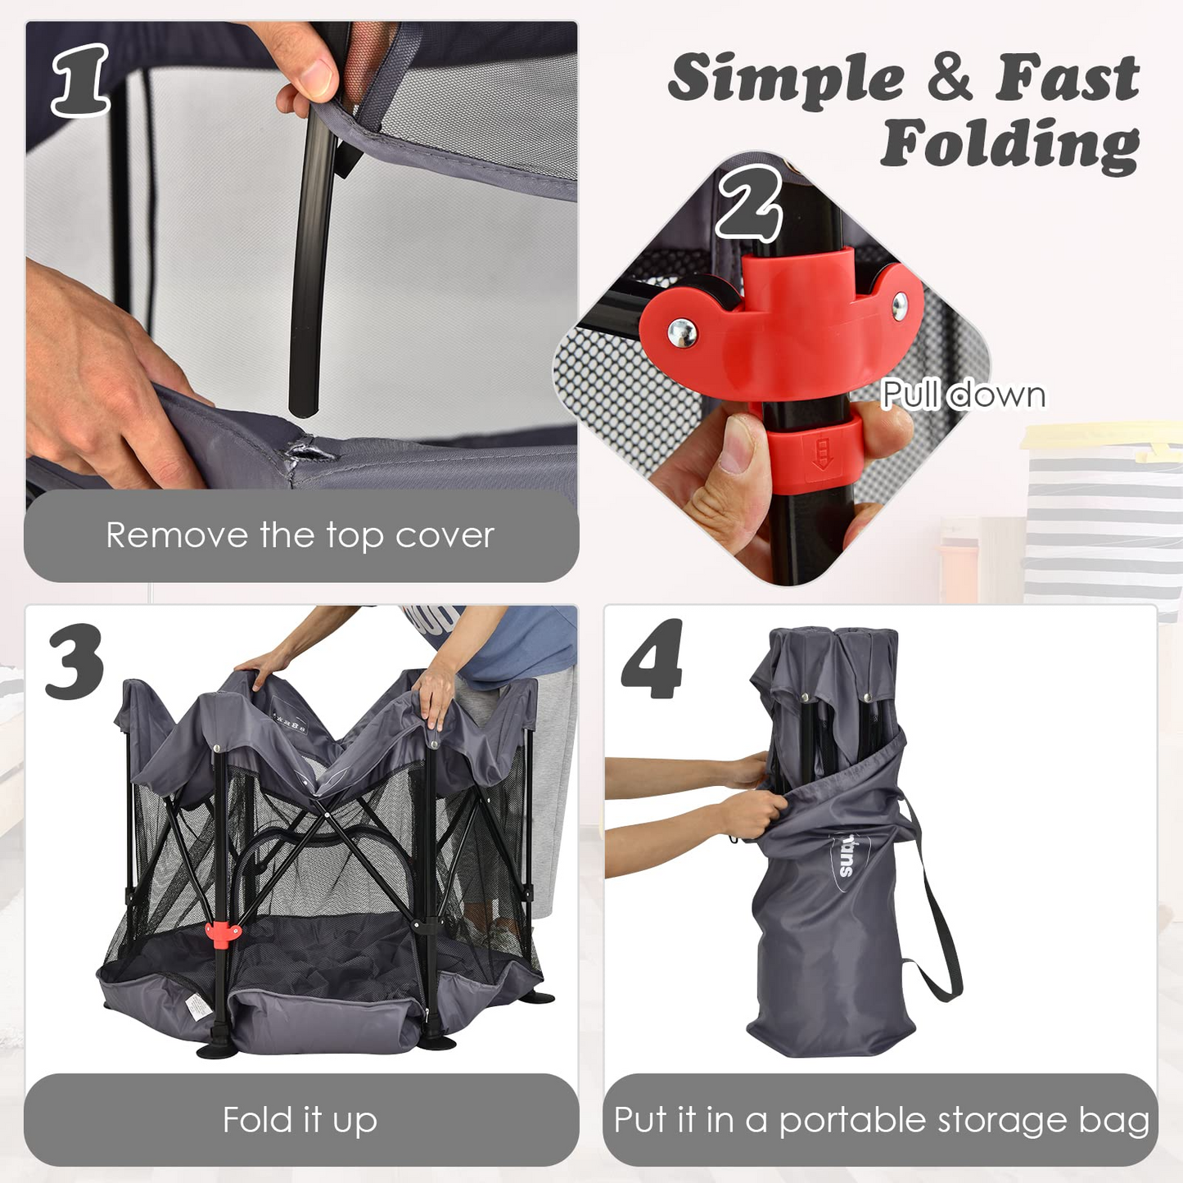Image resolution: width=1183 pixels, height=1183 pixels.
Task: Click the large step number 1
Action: tap(79, 79)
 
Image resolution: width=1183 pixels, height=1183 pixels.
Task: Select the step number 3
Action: tap(75, 661)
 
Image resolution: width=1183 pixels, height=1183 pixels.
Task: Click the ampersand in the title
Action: tap(950, 77)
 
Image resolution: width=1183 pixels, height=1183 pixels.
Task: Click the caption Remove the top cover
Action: tap(300, 535)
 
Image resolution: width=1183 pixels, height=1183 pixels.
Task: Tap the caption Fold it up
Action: tap(300, 1120)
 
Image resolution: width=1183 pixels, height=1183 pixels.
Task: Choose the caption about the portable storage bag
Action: tap(881, 1120)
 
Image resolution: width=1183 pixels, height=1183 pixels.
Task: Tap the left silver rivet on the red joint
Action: tap(682, 332)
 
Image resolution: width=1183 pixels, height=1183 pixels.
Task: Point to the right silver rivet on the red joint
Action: tap(900, 305)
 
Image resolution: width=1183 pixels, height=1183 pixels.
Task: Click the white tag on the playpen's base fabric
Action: tap(197, 1004)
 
